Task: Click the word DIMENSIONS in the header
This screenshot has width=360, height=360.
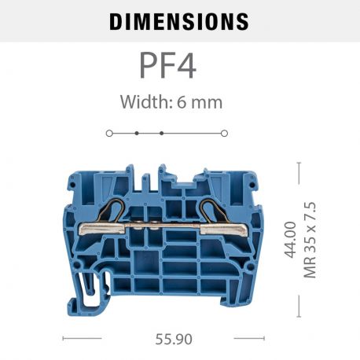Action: click(178, 21)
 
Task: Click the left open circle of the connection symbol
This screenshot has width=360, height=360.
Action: click(109, 133)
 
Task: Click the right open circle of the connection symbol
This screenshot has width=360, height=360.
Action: click(224, 133)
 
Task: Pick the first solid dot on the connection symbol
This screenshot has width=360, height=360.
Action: click(136, 133)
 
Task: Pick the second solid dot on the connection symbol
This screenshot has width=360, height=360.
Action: click(161, 133)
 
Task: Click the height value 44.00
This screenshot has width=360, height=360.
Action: click(290, 239)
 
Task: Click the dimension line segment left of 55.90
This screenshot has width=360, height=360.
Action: click(82, 339)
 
